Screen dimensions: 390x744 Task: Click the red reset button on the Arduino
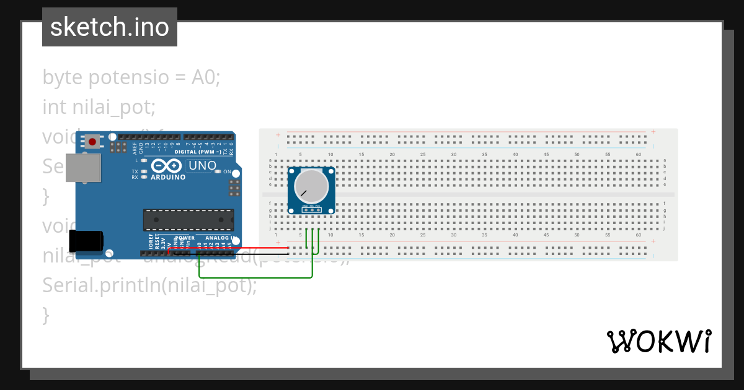[x=92, y=142]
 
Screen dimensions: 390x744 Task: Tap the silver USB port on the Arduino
[x=83, y=167]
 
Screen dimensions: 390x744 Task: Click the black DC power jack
[x=86, y=240]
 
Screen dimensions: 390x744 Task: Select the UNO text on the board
[x=202, y=166]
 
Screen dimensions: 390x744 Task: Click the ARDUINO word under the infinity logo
[x=168, y=177]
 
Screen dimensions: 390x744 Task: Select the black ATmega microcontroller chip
[x=188, y=220]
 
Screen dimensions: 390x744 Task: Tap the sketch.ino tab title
[x=110, y=27]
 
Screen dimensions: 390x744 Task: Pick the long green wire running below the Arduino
[x=254, y=277]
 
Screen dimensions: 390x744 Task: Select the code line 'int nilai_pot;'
[x=99, y=107]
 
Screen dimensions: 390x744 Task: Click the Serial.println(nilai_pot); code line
[x=149, y=285]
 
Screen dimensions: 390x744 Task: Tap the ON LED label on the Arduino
[x=227, y=171]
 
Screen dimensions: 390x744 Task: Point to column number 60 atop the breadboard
[x=639, y=154]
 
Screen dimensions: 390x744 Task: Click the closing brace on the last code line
[x=45, y=314]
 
